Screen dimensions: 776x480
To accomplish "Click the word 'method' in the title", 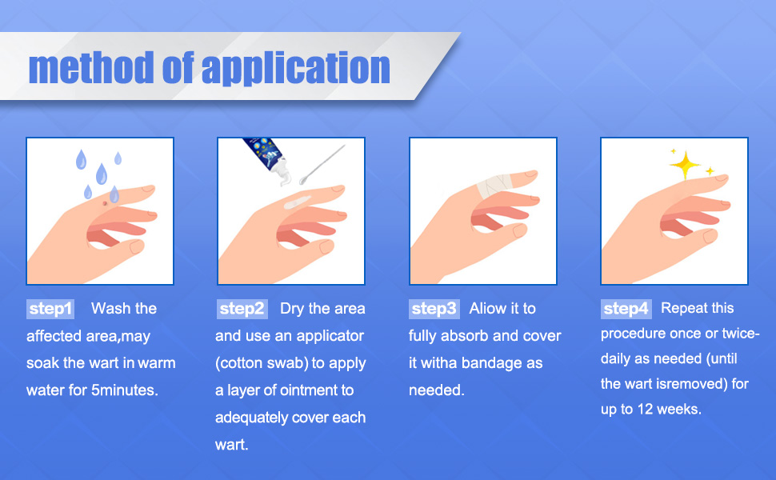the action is (x=91, y=67).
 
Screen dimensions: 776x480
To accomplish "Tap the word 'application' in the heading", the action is (x=296, y=68).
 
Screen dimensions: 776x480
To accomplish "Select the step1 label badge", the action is (x=50, y=309).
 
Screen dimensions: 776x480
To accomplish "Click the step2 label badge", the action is (x=242, y=309).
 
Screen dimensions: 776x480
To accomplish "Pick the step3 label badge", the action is (x=434, y=309).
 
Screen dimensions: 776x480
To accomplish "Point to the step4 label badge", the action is (x=626, y=309).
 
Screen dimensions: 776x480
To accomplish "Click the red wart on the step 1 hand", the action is (x=105, y=203).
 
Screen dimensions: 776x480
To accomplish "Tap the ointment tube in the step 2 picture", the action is (x=265, y=158).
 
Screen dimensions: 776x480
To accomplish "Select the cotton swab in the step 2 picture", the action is (x=322, y=165).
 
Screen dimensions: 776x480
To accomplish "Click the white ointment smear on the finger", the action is (x=297, y=202).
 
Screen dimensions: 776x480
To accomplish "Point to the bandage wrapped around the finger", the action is (x=494, y=186).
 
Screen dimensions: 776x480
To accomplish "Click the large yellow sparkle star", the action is (x=685, y=165).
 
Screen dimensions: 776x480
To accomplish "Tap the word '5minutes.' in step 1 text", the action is (x=125, y=390).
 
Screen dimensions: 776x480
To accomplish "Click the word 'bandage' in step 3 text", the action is (x=491, y=363).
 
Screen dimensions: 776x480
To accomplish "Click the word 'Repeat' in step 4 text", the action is (x=682, y=309).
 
